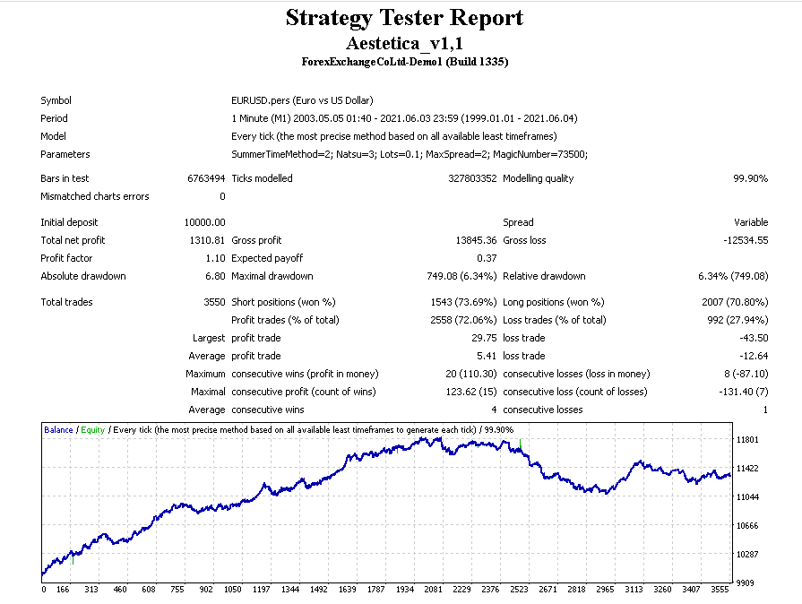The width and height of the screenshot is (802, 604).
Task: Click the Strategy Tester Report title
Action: click(x=404, y=18)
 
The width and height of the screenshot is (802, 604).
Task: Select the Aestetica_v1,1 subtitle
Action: click(x=404, y=42)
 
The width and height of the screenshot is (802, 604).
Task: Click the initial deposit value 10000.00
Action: click(x=205, y=222)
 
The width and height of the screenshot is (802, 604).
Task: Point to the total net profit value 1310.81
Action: click(x=208, y=240)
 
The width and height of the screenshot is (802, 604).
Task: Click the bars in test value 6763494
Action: click(x=206, y=178)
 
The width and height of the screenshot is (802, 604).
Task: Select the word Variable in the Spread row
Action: click(x=750, y=222)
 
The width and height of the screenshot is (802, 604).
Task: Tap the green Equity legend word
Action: click(x=92, y=430)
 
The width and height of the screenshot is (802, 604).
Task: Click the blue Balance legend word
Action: click(x=58, y=430)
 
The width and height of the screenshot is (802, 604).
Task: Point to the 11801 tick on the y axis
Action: click(x=747, y=440)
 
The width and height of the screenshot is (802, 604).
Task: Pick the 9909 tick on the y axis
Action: click(x=746, y=582)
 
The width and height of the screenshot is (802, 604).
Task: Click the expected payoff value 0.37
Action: click(x=487, y=258)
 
